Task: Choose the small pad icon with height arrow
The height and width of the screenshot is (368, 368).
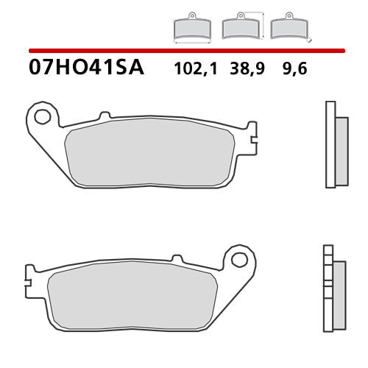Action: point(240,27)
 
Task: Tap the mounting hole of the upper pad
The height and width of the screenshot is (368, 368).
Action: point(42,116)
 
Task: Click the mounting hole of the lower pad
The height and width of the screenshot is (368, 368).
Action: point(238,260)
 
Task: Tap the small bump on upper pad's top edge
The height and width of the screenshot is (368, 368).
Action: point(105,116)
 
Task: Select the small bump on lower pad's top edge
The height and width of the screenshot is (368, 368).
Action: point(176,259)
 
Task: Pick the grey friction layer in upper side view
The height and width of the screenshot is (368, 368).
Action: point(341,151)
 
